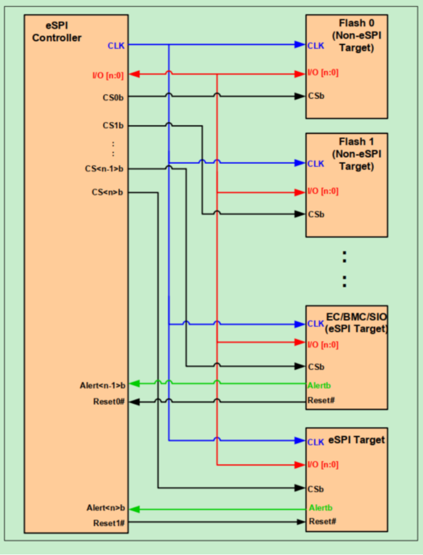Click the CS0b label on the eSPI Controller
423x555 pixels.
(113, 98)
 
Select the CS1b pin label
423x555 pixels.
(113, 126)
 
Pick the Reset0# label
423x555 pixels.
(109, 402)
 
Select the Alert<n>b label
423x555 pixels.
(105, 508)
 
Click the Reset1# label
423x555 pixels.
(109, 522)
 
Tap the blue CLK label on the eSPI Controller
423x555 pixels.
(116, 46)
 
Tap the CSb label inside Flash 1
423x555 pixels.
(316, 214)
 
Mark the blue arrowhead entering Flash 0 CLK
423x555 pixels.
(301, 45)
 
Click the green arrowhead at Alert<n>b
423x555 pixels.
(134, 509)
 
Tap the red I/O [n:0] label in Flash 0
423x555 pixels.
(323, 73)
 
